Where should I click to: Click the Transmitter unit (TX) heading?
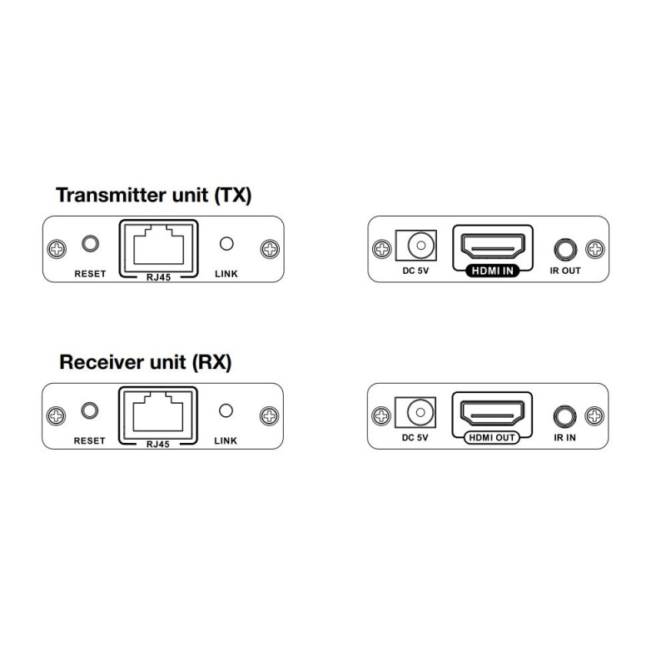point(154,196)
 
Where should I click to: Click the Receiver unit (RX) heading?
point(145,362)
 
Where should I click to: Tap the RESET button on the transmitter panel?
point(90,244)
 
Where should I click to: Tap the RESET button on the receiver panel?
point(89,410)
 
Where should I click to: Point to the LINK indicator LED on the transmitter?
point(226,244)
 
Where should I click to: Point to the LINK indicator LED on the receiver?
point(226,410)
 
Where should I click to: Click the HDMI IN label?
point(493,271)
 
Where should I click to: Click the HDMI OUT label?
point(492,438)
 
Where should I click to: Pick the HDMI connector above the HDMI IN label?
point(493,246)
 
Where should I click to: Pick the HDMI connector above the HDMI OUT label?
point(492,413)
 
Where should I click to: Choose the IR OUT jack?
point(565,249)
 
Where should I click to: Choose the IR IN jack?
point(564,416)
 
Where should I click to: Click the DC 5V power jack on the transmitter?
point(415,246)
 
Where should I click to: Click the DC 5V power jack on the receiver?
point(415,412)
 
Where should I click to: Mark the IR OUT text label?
point(565,271)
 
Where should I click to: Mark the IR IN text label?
point(565,438)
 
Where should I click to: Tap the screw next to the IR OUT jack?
point(595,249)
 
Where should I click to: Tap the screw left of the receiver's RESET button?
point(56,415)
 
